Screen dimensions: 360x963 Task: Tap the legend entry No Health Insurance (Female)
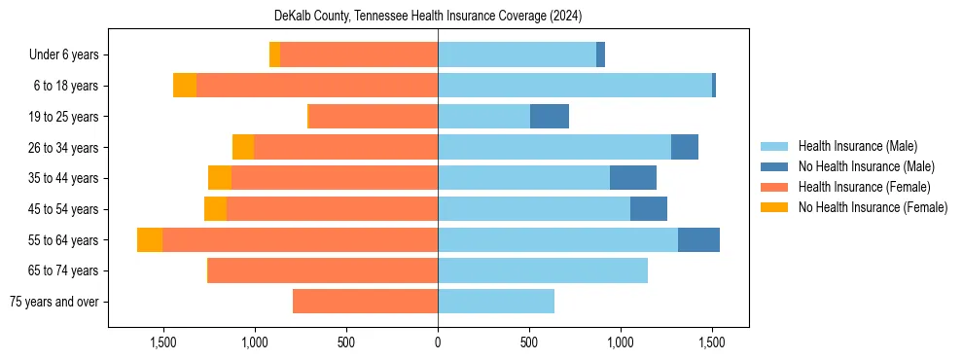873,207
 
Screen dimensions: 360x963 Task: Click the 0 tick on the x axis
438,342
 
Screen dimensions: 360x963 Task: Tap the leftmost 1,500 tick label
162,342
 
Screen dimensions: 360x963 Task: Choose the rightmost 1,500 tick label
712,342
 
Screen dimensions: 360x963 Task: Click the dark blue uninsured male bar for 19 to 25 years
550,117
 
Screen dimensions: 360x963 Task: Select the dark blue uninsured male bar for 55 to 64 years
698,240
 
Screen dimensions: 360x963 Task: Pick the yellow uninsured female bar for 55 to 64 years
150,240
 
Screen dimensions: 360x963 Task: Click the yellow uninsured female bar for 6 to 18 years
185,86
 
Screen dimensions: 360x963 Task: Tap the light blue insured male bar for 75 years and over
496,302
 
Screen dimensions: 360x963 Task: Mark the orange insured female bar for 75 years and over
365,302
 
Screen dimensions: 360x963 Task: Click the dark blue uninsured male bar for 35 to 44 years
633,178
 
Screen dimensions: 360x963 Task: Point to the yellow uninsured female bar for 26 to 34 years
243,147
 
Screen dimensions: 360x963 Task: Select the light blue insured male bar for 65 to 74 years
543,270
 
